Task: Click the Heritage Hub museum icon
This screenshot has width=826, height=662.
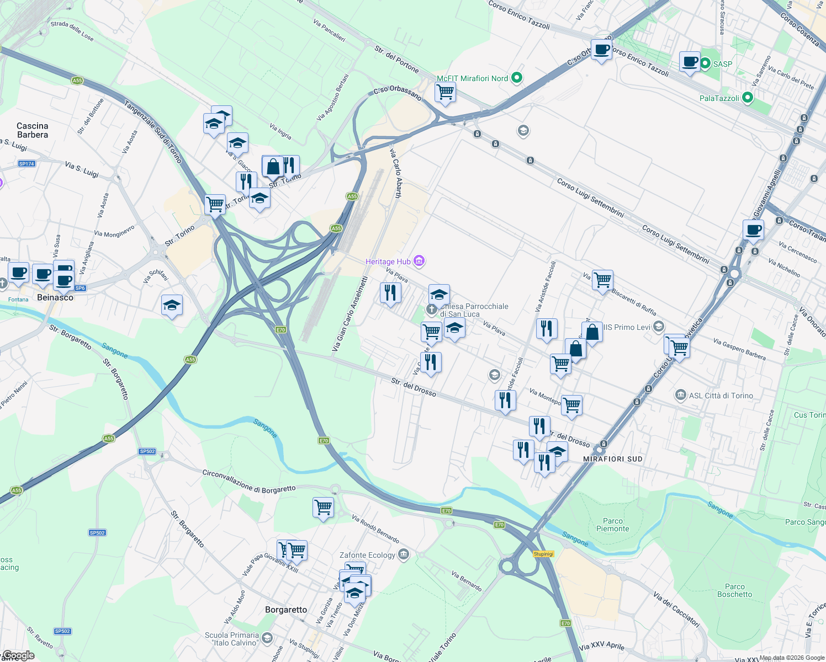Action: pos(419,261)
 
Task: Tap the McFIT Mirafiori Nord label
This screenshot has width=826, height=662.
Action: pos(472,78)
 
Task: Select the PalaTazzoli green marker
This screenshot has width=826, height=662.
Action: pos(748,98)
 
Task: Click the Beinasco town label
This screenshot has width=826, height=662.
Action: pos(55,297)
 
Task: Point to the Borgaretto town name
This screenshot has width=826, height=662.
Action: pos(286,610)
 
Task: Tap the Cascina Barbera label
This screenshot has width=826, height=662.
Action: pos(33,130)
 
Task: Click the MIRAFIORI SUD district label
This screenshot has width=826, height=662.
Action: pos(613,459)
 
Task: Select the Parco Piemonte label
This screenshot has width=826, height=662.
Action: pos(612,525)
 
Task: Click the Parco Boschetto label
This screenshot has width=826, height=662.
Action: pos(734,590)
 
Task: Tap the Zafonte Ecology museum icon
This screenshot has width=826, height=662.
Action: pos(404,554)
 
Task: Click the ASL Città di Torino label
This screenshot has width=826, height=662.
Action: pos(721,396)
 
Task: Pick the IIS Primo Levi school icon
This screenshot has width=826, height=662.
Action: pos(658,327)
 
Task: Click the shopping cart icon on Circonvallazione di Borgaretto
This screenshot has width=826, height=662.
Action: pos(323,507)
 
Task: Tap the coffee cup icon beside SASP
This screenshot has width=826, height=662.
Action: pos(690,62)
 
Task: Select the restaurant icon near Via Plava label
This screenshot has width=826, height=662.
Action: pos(390,292)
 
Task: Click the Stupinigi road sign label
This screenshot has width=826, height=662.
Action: pos(543,554)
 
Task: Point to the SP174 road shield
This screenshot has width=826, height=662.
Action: pos(27,164)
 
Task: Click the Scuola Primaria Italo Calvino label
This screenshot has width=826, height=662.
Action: pos(231,639)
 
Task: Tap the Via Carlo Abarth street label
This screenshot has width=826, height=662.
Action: pos(396,173)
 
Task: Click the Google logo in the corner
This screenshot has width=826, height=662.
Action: pos(19,655)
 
